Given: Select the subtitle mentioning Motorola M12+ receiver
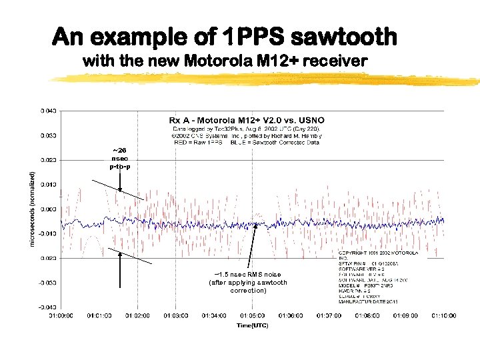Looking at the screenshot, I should click(x=225, y=61).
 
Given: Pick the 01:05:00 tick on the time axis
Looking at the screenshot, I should click(x=252, y=315).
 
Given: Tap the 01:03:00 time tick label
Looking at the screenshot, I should click(x=176, y=315).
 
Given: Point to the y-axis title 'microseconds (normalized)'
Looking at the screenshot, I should click(x=32, y=209).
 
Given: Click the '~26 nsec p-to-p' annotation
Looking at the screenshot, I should click(x=119, y=158).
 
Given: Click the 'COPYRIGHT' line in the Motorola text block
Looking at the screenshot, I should click(x=379, y=254).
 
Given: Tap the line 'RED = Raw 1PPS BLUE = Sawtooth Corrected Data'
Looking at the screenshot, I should click(x=247, y=143).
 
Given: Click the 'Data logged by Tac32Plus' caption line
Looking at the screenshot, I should click(x=247, y=128).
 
